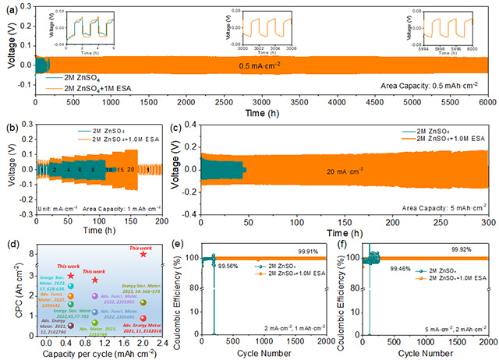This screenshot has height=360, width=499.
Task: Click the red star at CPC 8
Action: [143, 254]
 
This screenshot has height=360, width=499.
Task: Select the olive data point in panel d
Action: [143, 303]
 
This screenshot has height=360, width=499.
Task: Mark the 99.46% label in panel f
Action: [394, 266]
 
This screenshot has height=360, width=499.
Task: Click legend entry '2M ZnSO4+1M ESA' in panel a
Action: [90, 88]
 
